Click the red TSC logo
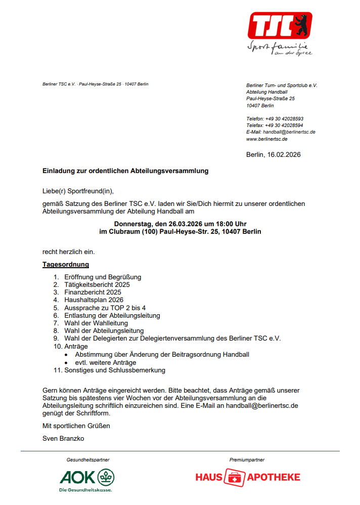[280, 25]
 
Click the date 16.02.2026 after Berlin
[284, 155]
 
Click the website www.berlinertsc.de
[267, 139]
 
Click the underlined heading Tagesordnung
[66, 265]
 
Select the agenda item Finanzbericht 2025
[93, 292]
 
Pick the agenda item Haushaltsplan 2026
[94, 300]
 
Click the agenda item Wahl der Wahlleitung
[96, 323]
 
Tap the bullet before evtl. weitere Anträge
[67, 363]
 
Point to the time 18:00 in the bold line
[208, 224]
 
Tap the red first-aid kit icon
[234, 477]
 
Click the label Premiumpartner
[247, 460]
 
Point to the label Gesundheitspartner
[88, 460]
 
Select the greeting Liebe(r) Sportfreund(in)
[78, 191]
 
